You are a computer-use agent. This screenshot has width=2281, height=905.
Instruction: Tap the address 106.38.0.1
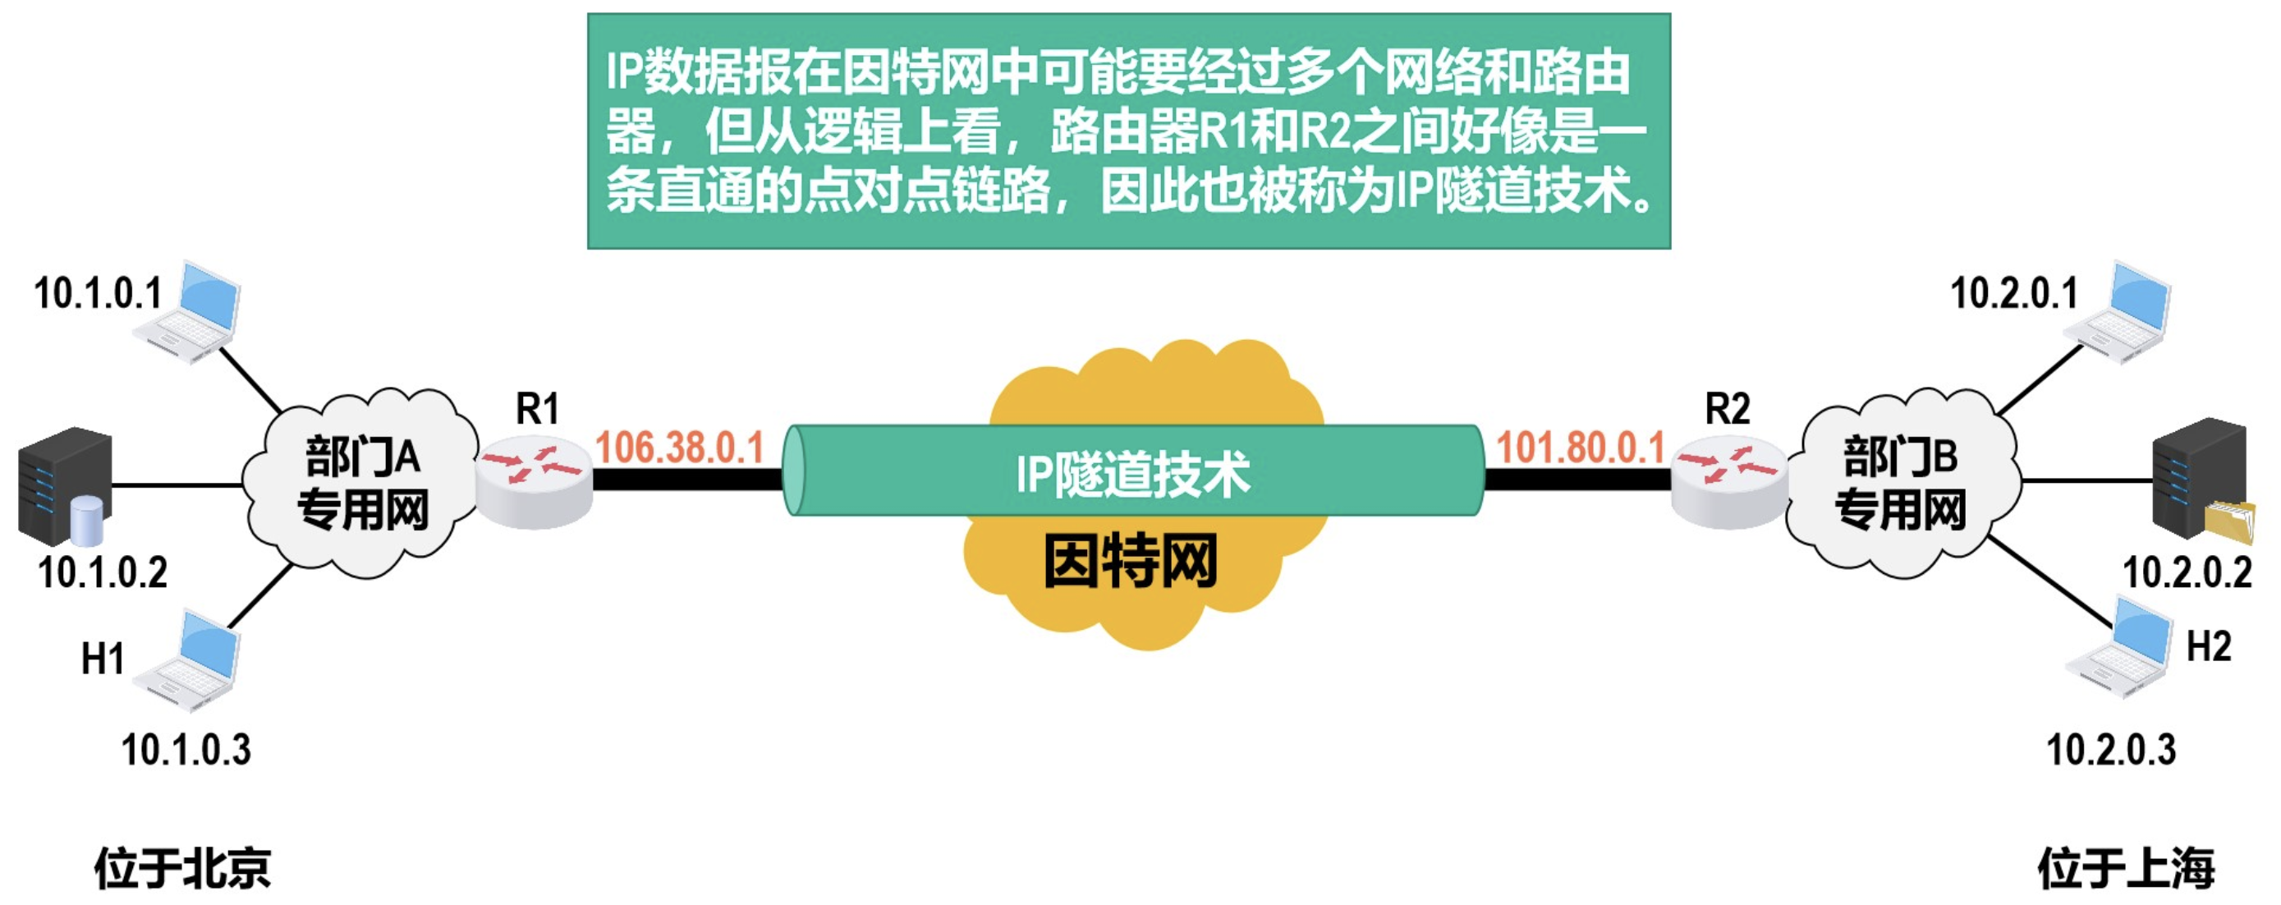point(679,448)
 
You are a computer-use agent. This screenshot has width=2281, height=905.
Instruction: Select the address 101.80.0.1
point(1581,448)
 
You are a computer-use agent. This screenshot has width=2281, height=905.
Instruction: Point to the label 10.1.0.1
point(99,293)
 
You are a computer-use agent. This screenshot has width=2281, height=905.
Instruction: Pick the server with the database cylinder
point(65,486)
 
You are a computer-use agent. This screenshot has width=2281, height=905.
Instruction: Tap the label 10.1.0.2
point(103,572)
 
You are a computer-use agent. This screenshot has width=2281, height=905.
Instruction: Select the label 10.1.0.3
point(186,749)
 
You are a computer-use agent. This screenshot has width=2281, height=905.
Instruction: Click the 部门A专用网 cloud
point(362,483)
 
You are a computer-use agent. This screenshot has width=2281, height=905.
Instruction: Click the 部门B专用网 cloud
point(1900,483)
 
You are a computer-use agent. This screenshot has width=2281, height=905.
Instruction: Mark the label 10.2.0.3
point(2111,749)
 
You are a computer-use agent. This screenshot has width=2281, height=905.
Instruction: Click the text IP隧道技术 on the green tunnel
point(1132,474)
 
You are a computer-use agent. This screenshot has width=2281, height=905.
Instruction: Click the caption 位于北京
point(182,868)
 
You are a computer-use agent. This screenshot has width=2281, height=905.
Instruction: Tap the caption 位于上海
point(2125,868)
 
